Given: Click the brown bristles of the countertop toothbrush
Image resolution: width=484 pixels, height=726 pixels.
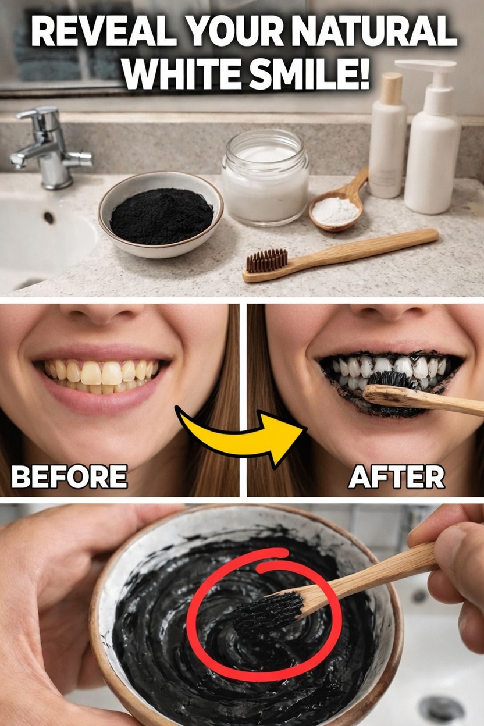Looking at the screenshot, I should point(267,260).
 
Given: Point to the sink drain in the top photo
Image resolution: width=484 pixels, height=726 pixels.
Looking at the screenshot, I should point(48,218).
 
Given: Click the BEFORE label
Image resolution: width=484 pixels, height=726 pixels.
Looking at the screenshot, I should point(69,478).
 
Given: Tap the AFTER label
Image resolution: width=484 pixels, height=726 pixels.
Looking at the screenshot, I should point(396,478).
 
